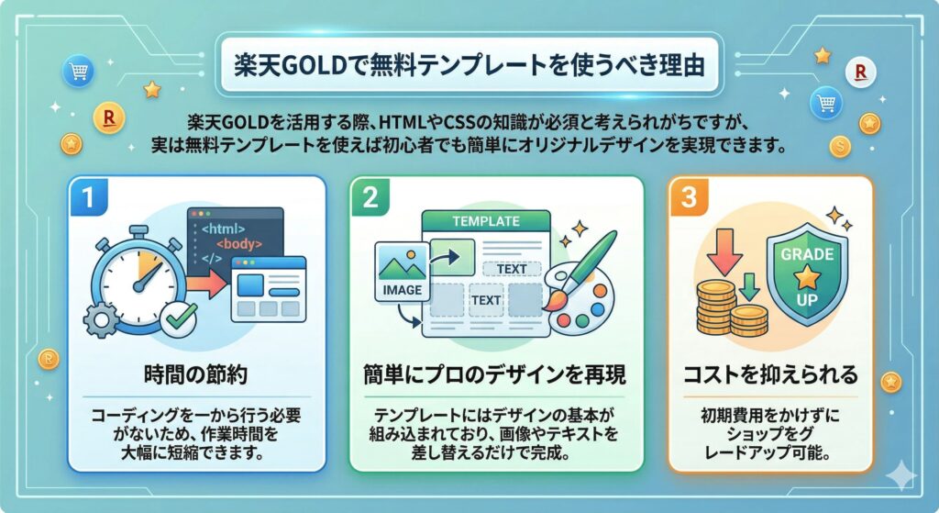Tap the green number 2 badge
(x=370, y=195)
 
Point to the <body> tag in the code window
(x=239, y=244)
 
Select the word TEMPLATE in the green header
(x=485, y=222)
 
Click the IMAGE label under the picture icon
(x=399, y=290)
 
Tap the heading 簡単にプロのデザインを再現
(x=486, y=376)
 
